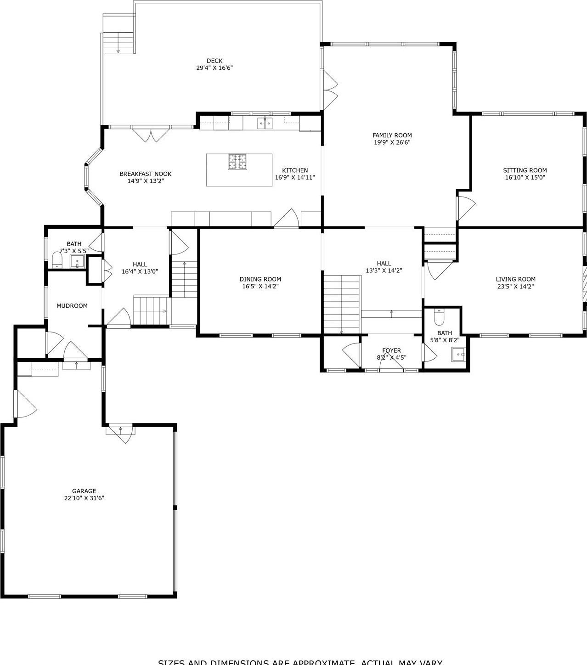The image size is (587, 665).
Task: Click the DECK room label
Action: coord(214,61)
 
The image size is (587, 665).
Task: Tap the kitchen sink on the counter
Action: coord(265,124)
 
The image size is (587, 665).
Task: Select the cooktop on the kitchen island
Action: coord(237,162)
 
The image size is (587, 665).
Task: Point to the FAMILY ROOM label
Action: coord(392,135)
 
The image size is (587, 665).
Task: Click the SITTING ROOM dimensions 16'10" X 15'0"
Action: coord(525,177)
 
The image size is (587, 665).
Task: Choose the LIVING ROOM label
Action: coord(515,279)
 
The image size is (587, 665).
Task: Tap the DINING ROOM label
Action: coord(260,279)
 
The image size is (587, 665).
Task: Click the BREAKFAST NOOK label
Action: coord(145,174)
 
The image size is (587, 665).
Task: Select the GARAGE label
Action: coord(84,491)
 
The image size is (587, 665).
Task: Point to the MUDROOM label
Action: coord(72,306)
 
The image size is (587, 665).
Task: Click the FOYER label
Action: coord(391,350)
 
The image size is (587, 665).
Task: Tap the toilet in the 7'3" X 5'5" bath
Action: coord(57,259)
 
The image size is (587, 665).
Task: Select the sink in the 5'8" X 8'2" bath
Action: coord(458,355)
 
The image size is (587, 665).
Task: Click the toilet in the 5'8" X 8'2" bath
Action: coord(439,317)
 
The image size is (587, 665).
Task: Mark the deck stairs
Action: coord(118,42)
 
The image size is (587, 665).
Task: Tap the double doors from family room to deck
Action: coord(330,91)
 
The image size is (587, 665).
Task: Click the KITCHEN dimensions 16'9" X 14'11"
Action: coord(295,177)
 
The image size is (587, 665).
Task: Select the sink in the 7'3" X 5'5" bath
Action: coord(77,262)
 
